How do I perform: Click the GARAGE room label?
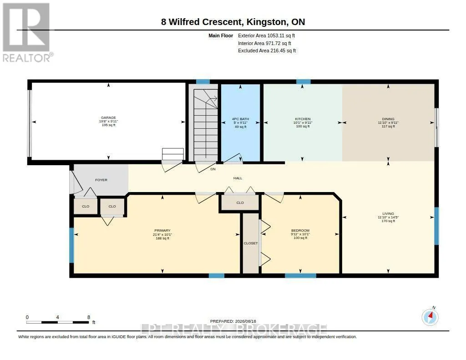point(108,118)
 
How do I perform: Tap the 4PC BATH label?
point(240,119)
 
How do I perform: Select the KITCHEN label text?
point(303,119)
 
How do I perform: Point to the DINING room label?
point(388,119)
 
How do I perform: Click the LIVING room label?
point(388,213)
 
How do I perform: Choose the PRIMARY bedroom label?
point(162,230)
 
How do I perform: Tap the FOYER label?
point(101,180)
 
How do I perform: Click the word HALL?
point(238,178)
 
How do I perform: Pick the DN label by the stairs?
point(213,169)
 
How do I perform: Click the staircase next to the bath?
point(206,125)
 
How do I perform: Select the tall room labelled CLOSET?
point(251,243)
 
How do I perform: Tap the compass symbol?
point(430,317)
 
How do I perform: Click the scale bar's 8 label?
point(89,317)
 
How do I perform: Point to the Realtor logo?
point(27,32)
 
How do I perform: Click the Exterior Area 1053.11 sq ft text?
point(266,35)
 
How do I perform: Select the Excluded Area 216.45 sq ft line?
point(267,51)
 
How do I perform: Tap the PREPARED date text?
point(233,321)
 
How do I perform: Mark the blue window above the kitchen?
point(304,82)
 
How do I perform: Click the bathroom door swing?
point(233,158)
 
